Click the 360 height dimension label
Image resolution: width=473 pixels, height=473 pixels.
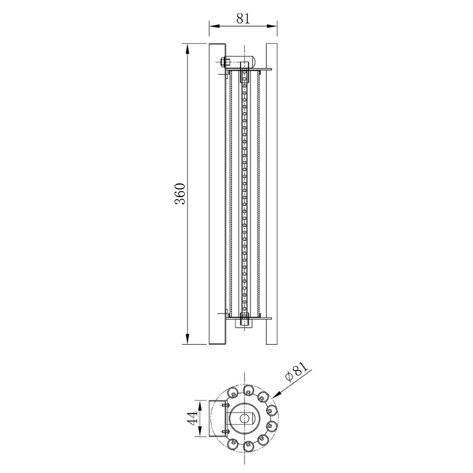click(x=180, y=193)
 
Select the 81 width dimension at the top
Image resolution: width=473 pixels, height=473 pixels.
click(x=243, y=19)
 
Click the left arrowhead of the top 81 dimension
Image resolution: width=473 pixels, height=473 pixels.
click(x=213, y=26)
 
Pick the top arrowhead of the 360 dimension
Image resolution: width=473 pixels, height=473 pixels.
click(x=187, y=48)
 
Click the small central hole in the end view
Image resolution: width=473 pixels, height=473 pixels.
click(x=243, y=418)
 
